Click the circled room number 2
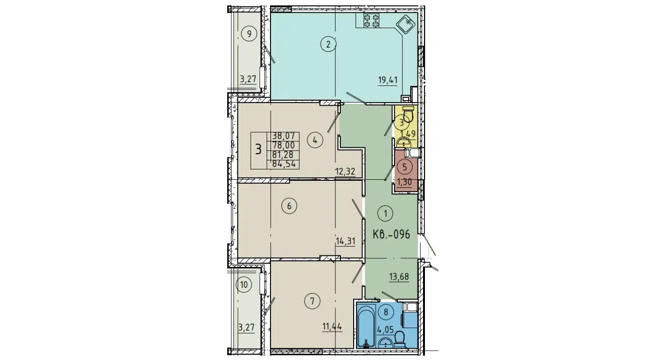pyautogui.click(x=328, y=45)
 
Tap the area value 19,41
pyautogui.click(x=388, y=81)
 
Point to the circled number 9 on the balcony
pyautogui.click(x=250, y=34)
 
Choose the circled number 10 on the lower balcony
pyautogui.click(x=243, y=284)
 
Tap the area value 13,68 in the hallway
pyautogui.click(x=399, y=277)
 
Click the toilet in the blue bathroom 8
pyautogui.click(x=399, y=338)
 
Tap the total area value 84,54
pyautogui.click(x=284, y=164)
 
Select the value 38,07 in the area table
pyautogui.click(x=283, y=138)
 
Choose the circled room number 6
pyautogui.click(x=289, y=206)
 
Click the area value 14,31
pyautogui.click(x=346, y=241)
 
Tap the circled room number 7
pyautogui.click(x=312, y=301)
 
